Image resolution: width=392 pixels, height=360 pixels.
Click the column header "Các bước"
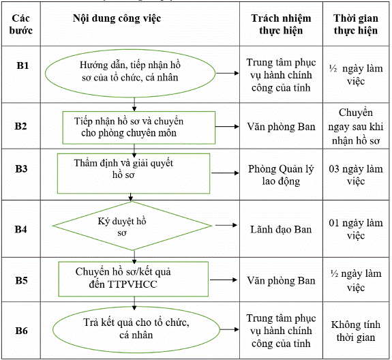(21, 25)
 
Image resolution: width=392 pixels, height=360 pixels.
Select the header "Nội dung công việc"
(117, 18)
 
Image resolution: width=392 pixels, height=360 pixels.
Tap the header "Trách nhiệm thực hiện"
(281, 25)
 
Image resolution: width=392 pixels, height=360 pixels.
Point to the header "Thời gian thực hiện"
(356, 25)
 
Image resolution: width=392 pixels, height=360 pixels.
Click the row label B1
(22, 65)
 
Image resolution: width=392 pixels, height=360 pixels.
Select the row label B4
(20, 229)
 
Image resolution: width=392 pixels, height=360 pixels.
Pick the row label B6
(21, 331)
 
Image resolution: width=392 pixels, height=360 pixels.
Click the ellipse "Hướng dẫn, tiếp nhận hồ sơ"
(130, 73)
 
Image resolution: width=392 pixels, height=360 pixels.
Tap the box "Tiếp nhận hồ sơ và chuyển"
(139, 127)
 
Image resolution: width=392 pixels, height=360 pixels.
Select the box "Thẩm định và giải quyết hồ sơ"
(134, 173)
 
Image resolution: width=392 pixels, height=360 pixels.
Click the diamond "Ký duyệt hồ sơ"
(132, 226)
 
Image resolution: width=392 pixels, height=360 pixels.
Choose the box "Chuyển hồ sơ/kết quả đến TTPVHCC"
(134, 279)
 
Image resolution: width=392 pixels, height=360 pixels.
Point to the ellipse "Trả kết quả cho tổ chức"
(136, 330)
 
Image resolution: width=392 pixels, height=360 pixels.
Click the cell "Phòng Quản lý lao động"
(281, 175)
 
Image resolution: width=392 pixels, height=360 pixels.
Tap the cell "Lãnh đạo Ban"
(281, 230)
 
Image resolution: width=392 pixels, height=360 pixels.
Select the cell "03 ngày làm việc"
(356, 175)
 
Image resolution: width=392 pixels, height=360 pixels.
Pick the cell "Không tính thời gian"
(356, 331)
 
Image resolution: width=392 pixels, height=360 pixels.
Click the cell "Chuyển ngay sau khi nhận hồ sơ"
(356, 127)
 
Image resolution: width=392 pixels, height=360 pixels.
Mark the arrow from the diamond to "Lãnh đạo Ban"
(226, 225)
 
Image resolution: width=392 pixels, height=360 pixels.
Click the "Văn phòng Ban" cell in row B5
(281, 280)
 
